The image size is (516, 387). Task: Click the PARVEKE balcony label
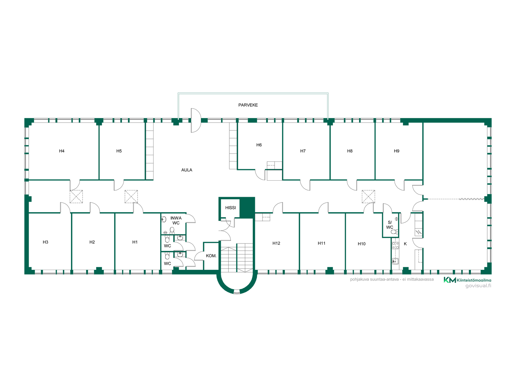point(248,105)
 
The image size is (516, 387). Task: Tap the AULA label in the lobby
point(187,170)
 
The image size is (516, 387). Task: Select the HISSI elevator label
point(230,208)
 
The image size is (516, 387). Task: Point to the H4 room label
point(62,151)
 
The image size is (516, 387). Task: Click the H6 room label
point(259,145)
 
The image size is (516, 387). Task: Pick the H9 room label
point(396,151)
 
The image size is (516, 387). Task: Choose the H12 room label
point(276,243)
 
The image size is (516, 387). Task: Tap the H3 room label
point(45,242)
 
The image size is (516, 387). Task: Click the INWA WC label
point(176,220)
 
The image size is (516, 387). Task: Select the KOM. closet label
point(211,256)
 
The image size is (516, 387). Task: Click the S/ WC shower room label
point(390,225)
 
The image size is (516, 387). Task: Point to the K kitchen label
point(405,244)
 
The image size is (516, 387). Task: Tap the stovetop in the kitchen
point(395,245)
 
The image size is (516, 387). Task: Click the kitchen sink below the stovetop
point(395,261)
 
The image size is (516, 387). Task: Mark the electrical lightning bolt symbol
point(418,232)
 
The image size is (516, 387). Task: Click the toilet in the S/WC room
point(394,232)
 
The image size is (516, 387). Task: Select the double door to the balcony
point(196,120)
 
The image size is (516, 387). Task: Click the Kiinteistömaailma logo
point(467,280)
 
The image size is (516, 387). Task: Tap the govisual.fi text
point(478,286)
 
